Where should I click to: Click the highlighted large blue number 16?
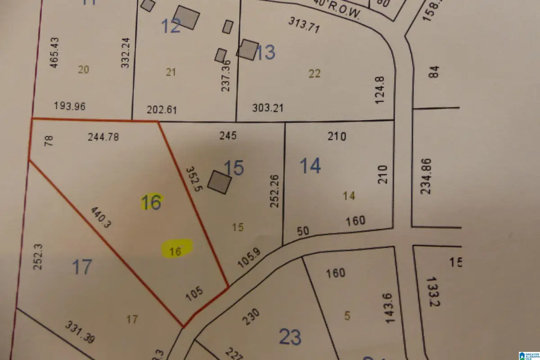tap(151, 202)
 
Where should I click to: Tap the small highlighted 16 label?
tap(176, 251)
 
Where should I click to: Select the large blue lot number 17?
tap(82, 267)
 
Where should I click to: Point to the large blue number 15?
tap(234, 168)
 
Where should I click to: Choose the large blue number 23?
tap(290, 337)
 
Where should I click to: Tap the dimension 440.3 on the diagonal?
tap(100, 217)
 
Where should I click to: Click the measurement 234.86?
tap(426, 176)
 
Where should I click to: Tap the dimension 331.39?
tap(80, 332)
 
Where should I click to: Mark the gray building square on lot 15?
tap(221, 182)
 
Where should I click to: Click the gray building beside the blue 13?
tap(248, 49)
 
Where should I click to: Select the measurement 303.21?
tap(268, 108)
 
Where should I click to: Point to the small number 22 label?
tap(315, 74)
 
